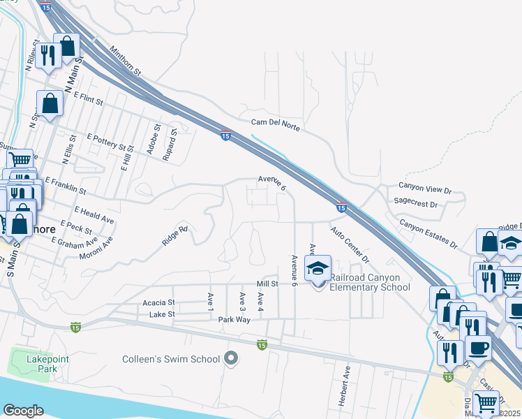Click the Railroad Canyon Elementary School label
(x=369, y=282)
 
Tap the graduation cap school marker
(x=318, y=269)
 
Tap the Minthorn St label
(x=126, y=61)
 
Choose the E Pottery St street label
(x=110, y=142)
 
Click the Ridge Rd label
(x=175, y=235)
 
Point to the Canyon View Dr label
(x=426, y=186)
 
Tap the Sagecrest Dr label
(x=415, y=205)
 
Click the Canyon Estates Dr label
(x=428, y=233)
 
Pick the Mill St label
(x=267, y=284)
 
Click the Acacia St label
(x=158, y=302)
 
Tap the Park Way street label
(x=234, y=318)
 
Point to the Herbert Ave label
(x=346, y=378)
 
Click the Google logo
(x=24, y=411)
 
